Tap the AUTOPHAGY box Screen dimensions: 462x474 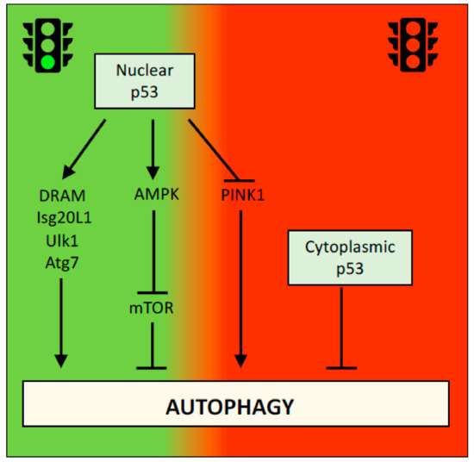tap(235, 406)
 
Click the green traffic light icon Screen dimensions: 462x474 tap(45, 44)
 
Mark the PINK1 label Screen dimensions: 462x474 tap(241, 195)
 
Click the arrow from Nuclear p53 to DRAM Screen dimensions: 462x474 tap(85, 147)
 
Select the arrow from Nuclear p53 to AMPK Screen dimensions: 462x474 tap(153, 147)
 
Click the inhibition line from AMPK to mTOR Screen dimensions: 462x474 tap(153, 250)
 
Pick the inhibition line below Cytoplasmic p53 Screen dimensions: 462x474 tap(343, 328)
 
